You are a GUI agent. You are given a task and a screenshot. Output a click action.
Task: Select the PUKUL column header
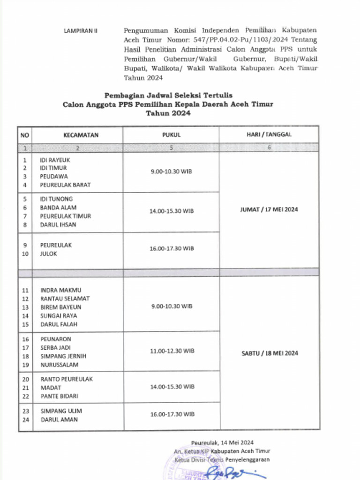coord(171,135)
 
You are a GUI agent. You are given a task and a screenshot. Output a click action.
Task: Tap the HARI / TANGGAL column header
coord(269,135)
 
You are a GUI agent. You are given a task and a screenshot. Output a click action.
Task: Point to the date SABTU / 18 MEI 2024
coord(270,353)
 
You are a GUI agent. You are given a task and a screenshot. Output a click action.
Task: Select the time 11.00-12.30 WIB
coord(172,351)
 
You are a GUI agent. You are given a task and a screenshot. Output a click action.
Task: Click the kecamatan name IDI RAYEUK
coord(55,159)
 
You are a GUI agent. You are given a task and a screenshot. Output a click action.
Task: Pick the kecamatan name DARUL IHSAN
coord(58,225)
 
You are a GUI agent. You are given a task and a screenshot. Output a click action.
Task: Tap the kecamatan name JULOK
coord(48,254)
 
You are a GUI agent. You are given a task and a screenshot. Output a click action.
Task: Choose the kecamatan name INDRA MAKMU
coord(60,290)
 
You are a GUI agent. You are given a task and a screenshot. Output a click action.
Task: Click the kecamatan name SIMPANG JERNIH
coord(63,356)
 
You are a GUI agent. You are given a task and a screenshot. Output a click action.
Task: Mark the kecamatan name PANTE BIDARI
coord(59,396)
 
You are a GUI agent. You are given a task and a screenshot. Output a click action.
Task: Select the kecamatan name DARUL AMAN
coord(59,420)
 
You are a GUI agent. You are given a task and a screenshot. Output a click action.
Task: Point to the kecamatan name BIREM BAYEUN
coord(61,307)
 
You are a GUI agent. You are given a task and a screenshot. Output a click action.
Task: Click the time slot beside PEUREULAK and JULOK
coord(172,248)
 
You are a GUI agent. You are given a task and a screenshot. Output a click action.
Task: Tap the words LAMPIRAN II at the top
coord(80,31)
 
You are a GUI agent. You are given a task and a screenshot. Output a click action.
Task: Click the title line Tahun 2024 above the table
coord(168,113)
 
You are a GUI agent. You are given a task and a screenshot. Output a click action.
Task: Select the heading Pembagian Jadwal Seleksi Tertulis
coord(168,95)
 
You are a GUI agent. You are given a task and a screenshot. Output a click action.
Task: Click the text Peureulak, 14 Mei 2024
coord(222,442)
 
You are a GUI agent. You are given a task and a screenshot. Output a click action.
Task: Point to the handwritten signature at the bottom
coord(230,471)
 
